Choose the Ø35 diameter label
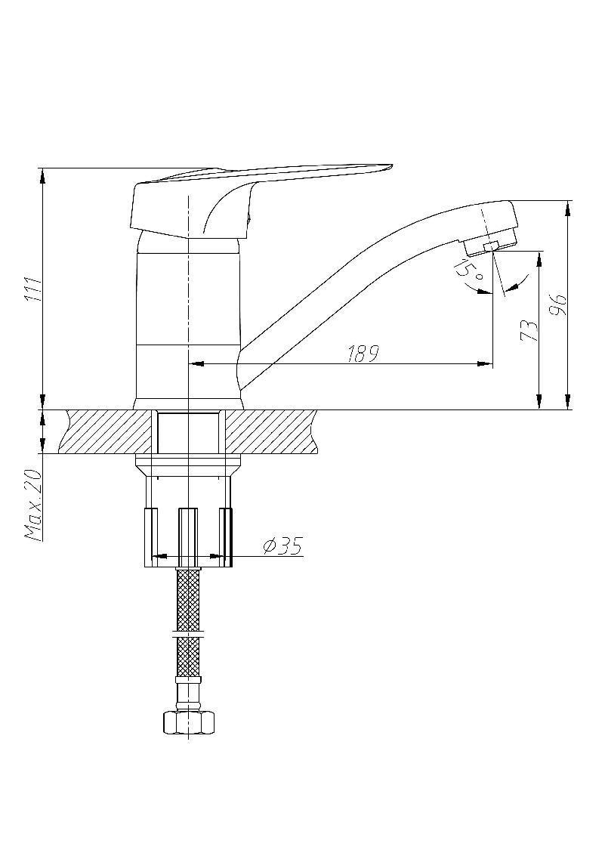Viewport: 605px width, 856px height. pos(282,545)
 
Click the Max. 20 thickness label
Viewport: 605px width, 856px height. pos(33,504)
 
